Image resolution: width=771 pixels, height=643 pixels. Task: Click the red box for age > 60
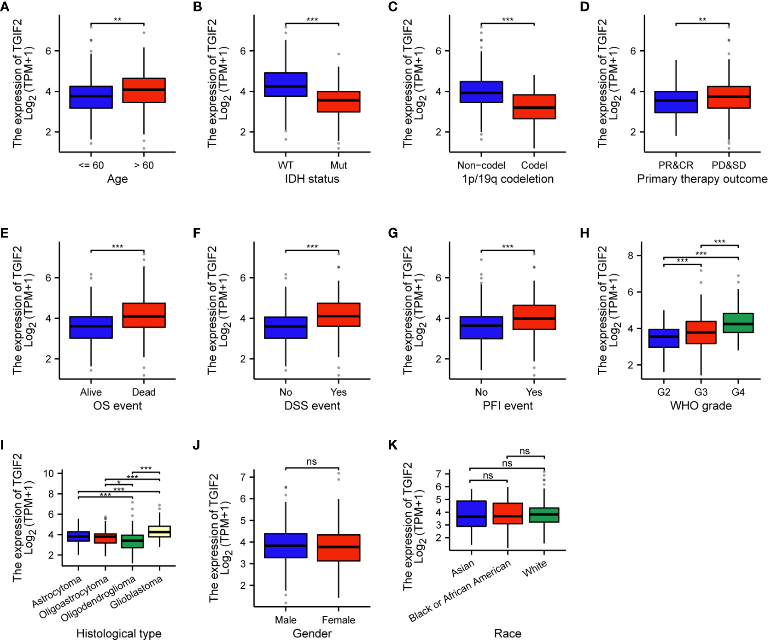tap(144, 90)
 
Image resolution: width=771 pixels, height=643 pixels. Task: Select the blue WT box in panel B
tap(286, 84)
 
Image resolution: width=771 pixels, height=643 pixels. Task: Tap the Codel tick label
tap(534, 165)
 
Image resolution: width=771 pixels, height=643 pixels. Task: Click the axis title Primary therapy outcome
tap(702, 179)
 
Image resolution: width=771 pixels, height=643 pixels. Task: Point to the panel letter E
tap(5, 233)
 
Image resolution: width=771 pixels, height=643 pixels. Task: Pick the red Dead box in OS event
tap(144, 315)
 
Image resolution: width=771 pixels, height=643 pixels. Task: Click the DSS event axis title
tap(312, 406)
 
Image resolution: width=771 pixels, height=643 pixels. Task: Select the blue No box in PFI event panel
tap(481, 327)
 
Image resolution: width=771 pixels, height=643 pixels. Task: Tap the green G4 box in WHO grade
tap(738, 323)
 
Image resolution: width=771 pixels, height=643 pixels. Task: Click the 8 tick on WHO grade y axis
tap(631, 256)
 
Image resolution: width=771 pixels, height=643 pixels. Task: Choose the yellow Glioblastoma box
tap(159, 532)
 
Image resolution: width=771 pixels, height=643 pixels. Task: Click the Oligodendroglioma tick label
tap(99, 598)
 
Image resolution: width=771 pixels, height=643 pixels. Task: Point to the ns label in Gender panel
tap(312, 462)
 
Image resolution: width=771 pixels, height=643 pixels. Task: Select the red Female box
tap(339, 548)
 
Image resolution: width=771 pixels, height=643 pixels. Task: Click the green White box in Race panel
tap(544, 515)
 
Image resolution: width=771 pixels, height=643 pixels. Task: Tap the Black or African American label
tap(460, 591)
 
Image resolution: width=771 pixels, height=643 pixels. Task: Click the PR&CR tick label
tap(675, 165)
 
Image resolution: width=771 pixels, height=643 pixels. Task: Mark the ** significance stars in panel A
tap(117, 20)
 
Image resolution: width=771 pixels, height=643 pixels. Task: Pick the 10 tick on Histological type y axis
tap(49, 473)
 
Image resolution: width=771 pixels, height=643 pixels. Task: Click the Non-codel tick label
tap(481, 165)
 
